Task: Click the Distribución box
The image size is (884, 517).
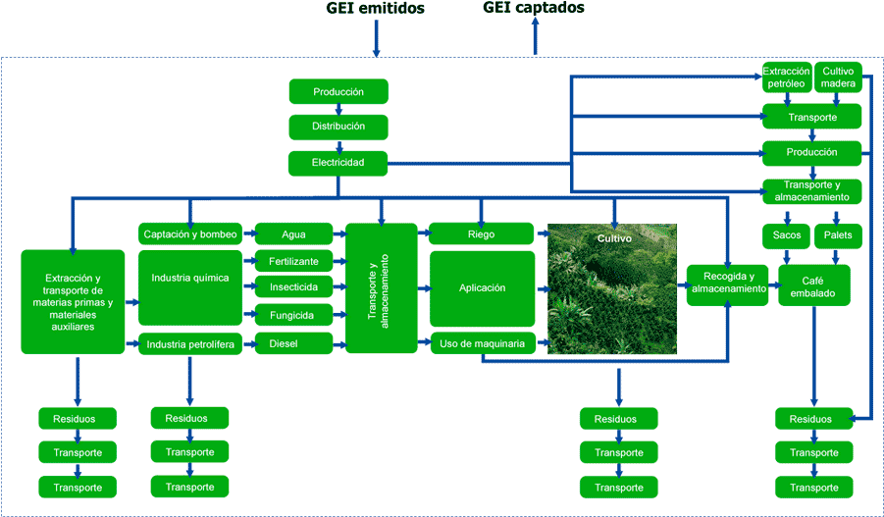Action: pos(338,127)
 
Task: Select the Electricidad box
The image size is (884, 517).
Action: pos(338,162)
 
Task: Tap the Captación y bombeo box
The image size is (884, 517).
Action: pos(190,234)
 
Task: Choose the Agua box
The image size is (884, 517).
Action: pos(293,234)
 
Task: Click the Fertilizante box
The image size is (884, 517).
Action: pos(293,262)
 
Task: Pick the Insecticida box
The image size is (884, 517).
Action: pos(293,288)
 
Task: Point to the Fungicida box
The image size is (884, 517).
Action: pos(293,316)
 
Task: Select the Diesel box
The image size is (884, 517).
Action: pos(293,344)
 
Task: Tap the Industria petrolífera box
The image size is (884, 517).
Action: pos(190,344)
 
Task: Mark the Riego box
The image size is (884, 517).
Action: pos(482,234)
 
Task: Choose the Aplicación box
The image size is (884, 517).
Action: pos(482,288)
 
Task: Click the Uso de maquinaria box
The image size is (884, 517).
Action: pos(482,342)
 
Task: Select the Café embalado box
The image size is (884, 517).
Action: pos(814,285)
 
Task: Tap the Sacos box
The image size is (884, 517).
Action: pos(786,235)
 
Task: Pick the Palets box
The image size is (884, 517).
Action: pos(838,235)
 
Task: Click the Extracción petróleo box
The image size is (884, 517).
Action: pos(786,78)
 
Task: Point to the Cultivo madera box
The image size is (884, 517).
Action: pos(838,78)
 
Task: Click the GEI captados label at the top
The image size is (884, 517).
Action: pos(534,7)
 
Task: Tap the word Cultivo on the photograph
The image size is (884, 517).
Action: pos(614,238)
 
